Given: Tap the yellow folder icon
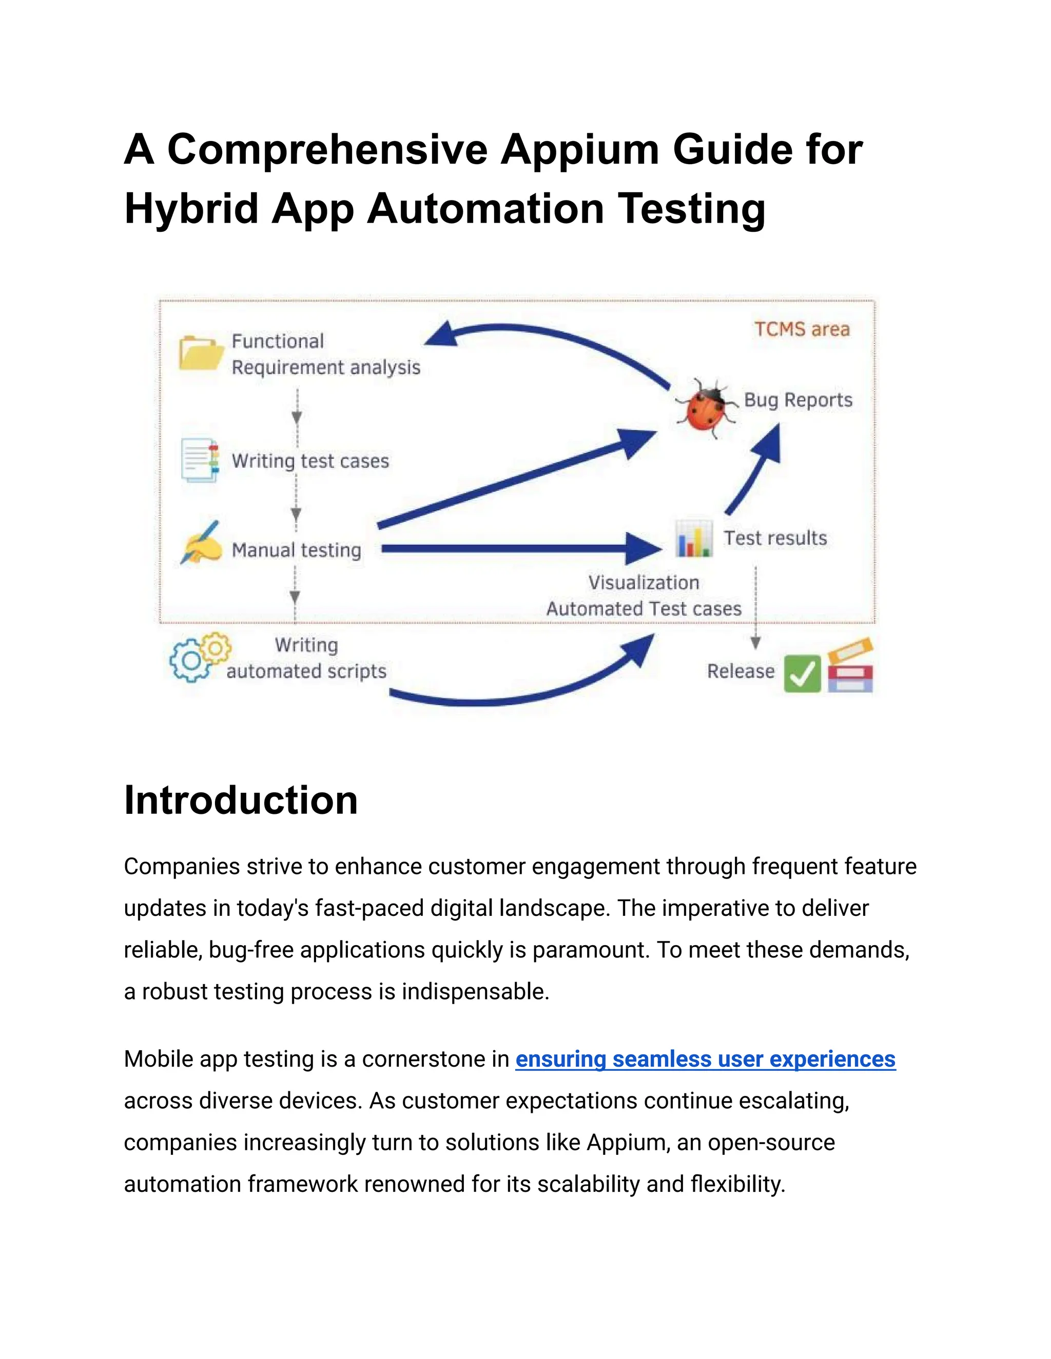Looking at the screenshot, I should point(201,353).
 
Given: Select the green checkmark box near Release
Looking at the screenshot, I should point(802,674).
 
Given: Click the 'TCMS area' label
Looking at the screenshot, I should point(802,329).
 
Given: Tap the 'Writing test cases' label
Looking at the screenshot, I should point(310,461).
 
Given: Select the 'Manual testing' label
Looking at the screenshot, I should point(297,550).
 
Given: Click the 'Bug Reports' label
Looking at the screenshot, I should point(797,400).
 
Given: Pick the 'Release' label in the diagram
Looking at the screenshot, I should point(741,671).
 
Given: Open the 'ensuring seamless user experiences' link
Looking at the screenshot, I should point(706,1058).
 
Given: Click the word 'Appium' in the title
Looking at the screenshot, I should point(580,150).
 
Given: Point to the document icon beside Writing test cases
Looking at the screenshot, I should point(200,461).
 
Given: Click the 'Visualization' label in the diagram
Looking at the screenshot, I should point(644,583).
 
